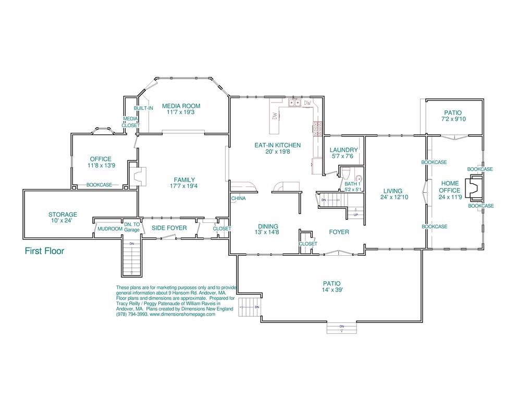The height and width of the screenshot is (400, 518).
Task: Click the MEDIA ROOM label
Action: pyautogui.click(x=180, y=106)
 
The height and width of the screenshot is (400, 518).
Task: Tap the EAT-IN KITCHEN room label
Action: pyautogui.click(x=277, y=145)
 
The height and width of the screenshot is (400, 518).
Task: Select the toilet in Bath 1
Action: pyautogui.click(x=359, y=178)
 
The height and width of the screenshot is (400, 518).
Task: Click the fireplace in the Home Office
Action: pyautogui.click(x=475, y=188)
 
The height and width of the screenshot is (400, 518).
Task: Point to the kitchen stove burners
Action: pyautogui.click(x=317, y=129)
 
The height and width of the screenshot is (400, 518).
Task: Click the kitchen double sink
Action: pyautogui.click(x=295, y=103)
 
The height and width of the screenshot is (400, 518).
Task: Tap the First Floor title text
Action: pyautogui.click(x=45, y=251)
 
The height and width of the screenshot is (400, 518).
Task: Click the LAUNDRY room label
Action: pyautogui.click(x=344, y=150)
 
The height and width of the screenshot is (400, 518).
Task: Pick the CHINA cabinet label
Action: pyautogui.click(x=238, y=198)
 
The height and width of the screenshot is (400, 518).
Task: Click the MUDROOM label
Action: pyautogui.click(x=109, y=228)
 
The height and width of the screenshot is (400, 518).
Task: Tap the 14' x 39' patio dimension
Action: pyautogui.click(x=331, y=290)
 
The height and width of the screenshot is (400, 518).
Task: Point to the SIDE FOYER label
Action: pyautogui.click(x=169, y=228)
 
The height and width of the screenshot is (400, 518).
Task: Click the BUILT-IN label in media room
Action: pyautogui.click(x=143, y=108)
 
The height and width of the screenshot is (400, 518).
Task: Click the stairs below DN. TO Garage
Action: pyautogui.click(x=132, y=258)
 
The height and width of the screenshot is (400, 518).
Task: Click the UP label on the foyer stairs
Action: pyautogui.click(x=356, y=215)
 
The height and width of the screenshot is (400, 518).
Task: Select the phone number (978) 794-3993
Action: pyautogui.click(x=132, y=314)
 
